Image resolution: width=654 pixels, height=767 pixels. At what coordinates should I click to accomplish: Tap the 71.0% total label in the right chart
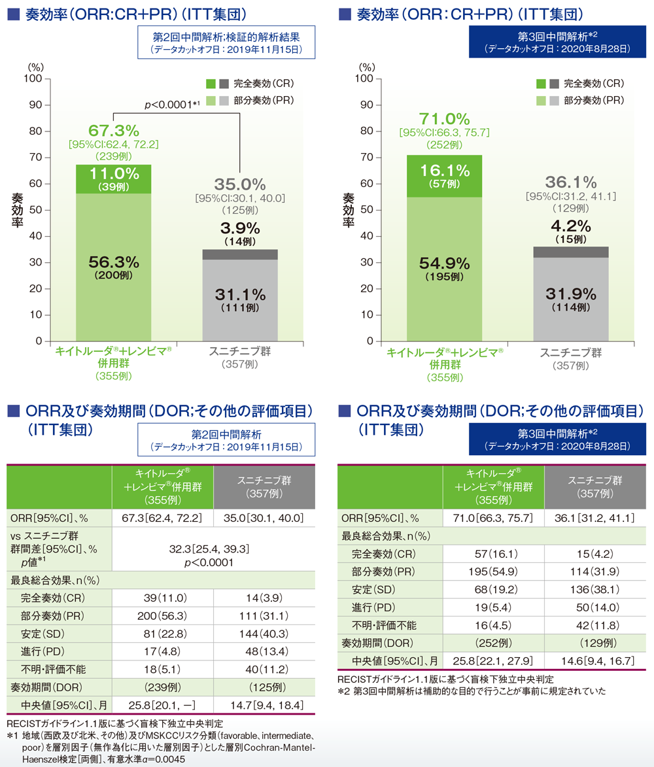444,119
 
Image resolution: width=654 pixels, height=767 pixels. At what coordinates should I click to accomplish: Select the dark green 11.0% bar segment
113,179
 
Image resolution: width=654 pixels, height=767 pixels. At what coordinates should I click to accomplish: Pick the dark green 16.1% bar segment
444,176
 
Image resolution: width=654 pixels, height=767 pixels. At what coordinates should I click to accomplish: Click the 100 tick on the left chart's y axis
34,79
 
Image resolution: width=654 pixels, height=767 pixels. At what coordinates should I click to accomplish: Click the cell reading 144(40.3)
265,634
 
